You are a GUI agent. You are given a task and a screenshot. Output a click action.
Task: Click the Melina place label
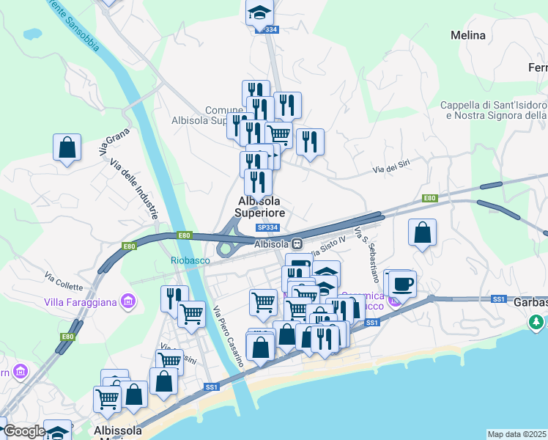[x=468, y=35]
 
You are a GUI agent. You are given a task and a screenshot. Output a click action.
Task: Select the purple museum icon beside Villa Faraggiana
[x=129, y=300]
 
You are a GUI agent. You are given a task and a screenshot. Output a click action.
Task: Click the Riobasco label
[x=190, y=260]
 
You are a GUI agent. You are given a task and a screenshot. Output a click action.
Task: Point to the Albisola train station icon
[x=297, y=244]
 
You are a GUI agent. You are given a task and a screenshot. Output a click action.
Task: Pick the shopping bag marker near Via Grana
[x=67, y=147]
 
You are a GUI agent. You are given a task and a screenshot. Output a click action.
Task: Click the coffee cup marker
[x=401, y=283]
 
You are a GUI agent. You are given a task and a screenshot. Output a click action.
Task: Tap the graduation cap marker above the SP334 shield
[x=259, y=12]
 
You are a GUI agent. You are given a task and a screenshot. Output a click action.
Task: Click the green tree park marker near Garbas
[x=537, y=322]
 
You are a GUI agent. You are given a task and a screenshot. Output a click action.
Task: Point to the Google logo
[x=23, y=431]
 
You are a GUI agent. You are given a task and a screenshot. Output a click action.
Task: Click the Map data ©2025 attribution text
[x=517, y=434]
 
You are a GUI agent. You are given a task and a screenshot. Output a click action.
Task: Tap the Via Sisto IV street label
[x=326, y=252]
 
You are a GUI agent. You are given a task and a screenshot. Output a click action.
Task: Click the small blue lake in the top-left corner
[x=32, y=34]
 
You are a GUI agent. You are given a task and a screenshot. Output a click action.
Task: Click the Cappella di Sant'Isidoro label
[x=493, y=105]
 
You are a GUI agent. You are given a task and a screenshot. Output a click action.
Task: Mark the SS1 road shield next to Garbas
[x=499, y=299]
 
